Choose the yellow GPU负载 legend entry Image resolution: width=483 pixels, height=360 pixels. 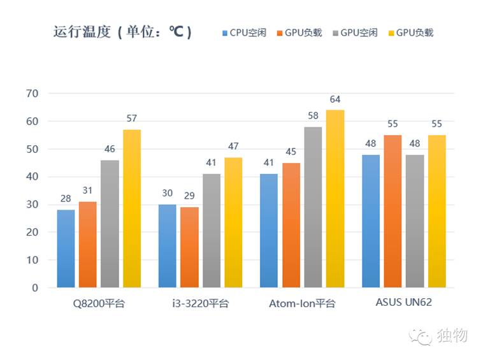pyautogui.click(x=414, y=32)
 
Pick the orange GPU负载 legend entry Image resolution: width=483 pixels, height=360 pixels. pyautogui.click(x=303, y=32)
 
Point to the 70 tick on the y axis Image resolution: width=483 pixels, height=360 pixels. pyautogui.click(x=32, y=94)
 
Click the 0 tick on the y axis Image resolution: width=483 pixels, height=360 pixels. pyautogui.click(x=35, y=288)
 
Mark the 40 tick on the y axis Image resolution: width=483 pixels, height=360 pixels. pyautogui.click(x=32, y=177)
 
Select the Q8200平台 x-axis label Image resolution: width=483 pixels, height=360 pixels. pyautogui.click(x=99, y=303)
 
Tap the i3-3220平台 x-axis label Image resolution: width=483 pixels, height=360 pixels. pyautogui.click(x=200, y=303)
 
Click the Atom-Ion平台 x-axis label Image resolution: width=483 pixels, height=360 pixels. pyautogui.click(x=302, y=303)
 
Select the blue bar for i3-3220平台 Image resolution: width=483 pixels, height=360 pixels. pyautogui.click(x=168, y=246)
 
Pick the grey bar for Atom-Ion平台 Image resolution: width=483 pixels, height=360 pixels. pyautogui.click(x=313, y=207)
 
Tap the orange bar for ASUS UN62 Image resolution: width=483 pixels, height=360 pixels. pyautogui.click(x=393, y=211)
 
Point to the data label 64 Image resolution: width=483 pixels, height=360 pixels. pyautogui.click(x=335, y=99)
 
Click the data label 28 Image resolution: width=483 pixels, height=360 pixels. pyautogui.click(x=66, y=199)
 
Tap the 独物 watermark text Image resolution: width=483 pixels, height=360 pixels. pyautogui.click(x=453, y=335)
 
